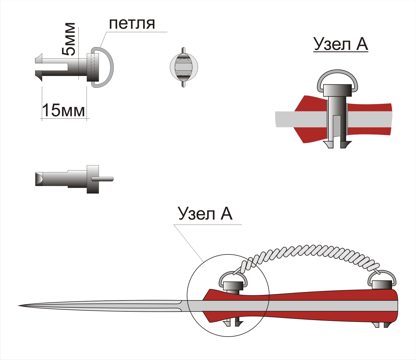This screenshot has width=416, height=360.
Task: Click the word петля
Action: pos(132,24)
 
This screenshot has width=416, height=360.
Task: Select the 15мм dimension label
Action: pos(63,110)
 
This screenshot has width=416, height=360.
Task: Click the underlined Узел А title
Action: pos(340,44)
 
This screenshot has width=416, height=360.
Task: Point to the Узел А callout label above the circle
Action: pos(205,214)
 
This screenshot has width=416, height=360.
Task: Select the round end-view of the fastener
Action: pos(184,67)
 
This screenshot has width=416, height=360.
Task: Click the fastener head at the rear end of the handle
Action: pos(382,285)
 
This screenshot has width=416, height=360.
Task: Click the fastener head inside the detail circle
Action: pos(233,286)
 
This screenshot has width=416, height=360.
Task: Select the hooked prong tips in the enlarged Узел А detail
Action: pos(338,144)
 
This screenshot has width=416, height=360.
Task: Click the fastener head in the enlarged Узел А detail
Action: pos(338,90)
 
